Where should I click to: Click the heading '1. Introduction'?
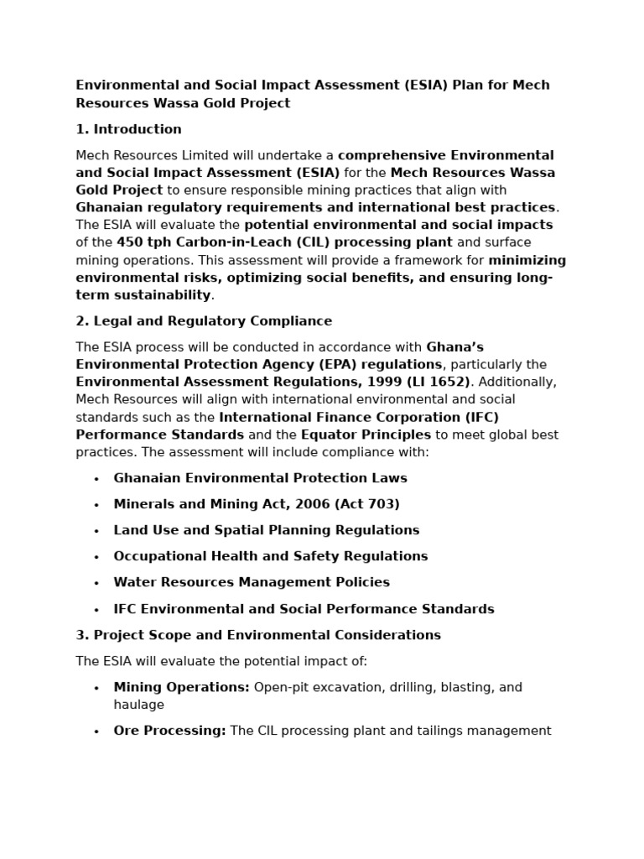(128, 129)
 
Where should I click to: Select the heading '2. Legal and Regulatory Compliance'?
(204, 321)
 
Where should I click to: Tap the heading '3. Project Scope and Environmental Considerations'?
(258, 635)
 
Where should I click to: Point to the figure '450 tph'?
(143, 242)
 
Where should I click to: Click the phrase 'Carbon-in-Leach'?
(223, 242)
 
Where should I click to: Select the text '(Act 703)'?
(368, 504)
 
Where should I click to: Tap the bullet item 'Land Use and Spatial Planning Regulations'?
(267, 530)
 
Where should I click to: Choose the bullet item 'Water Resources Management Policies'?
(252, 582)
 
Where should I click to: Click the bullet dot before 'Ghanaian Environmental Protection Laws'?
(96, 479)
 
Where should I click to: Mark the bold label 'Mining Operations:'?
(181, 687)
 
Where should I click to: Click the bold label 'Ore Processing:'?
(169, 731)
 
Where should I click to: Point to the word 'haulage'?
(139, 705)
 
